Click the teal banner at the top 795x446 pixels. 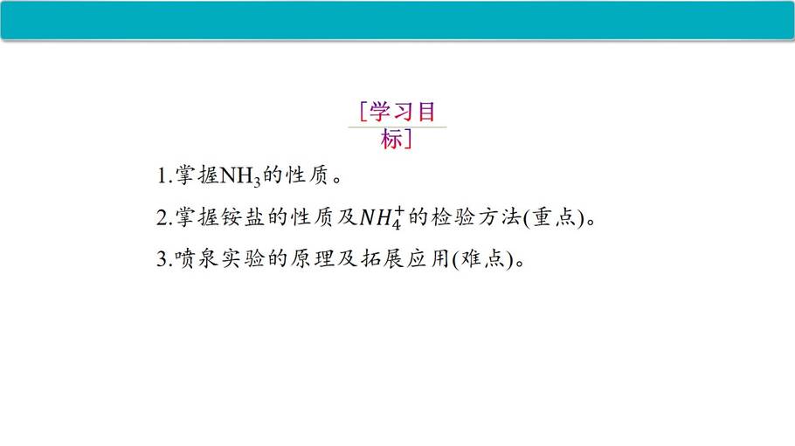click(397, 20)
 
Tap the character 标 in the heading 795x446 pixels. click(391, 140)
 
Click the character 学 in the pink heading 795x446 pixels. click(380, 112)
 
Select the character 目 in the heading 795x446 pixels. click(426, 112)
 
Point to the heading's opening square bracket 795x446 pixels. click(363, 112)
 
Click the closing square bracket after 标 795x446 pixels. click(408, 140)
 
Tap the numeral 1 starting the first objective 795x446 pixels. click(162, 175)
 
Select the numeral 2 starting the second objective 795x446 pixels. click(162, 218)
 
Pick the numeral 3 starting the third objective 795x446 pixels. click(162, 259)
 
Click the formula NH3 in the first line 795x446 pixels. click(240, 177)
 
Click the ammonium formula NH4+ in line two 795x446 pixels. click(383, 218)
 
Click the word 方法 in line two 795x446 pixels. click(500, 217)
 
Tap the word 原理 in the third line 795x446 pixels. click(313, 259)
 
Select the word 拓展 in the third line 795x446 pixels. click(383, 259)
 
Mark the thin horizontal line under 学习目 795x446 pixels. click(397, 127)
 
